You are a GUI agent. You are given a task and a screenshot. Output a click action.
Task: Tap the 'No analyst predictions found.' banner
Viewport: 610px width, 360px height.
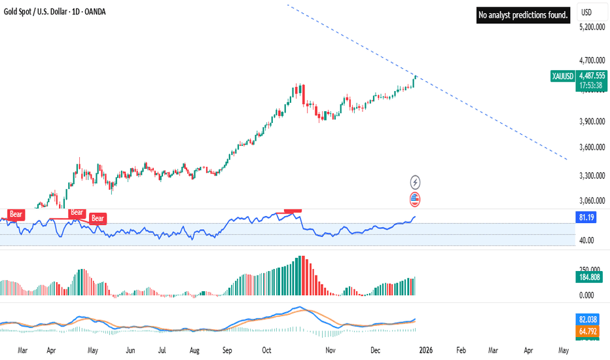pyautogui.click(x=524, y=14)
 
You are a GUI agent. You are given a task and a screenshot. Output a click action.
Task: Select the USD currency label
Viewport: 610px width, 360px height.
pyautogui.click(x=586, y=12)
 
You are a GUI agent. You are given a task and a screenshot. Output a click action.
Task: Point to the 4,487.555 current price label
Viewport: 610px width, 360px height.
pyautogui.click(x=593, y=75)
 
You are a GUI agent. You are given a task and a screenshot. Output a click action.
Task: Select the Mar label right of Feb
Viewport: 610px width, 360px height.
pyautogui.click(x=492, y=351)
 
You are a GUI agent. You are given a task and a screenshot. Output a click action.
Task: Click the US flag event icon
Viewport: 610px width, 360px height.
pyautogui.click(x=415, y=198)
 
